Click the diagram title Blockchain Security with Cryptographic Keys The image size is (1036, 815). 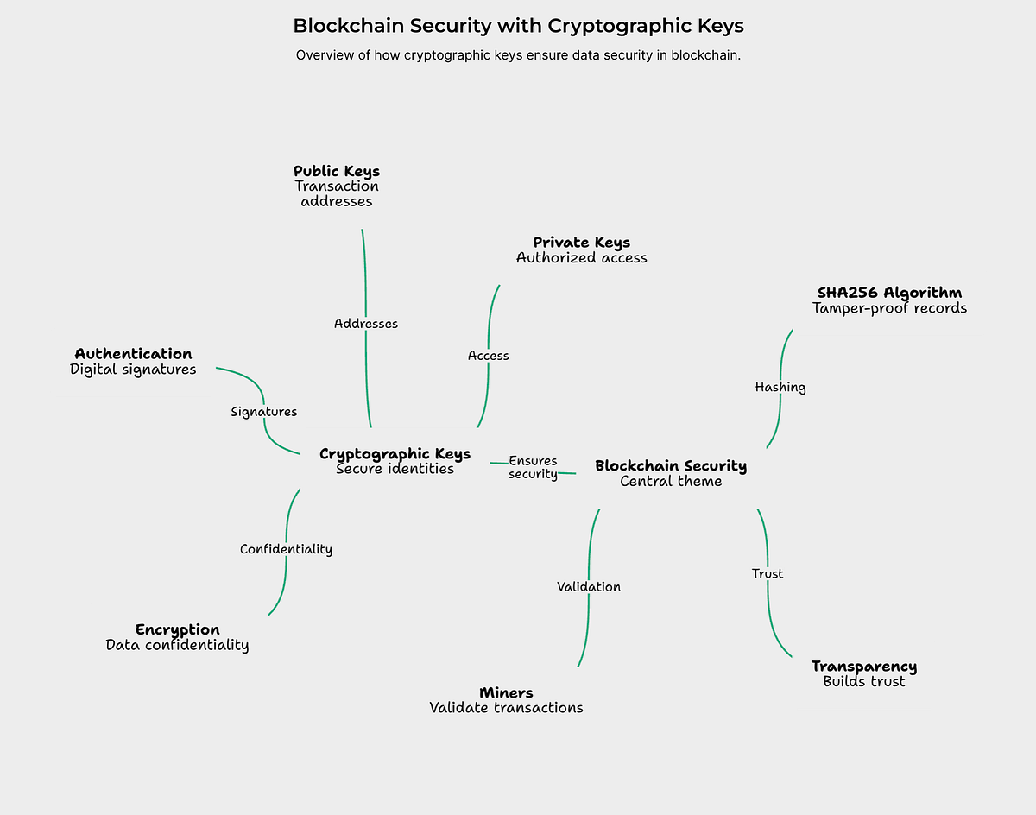[x=518, y=26]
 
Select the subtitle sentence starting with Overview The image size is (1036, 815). [x=518, y=55]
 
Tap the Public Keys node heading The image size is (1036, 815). [x=337, y=171]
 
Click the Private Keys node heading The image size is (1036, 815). [x=581, y=243]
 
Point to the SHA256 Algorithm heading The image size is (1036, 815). [x=889, y=293]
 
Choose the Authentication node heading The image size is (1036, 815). [x=133, y=354]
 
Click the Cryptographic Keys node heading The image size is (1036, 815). [x=395, y=454]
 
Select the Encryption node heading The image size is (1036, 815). [x=177, y=629]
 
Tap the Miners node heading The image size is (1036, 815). [x=506, y=692]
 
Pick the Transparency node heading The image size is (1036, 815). [x=863, y=667]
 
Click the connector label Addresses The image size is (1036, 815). [x=366, y=324]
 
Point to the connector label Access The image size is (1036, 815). [x=489, y=356]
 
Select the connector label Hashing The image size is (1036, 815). [x=780, y=388]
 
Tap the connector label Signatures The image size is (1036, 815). [x=264, y=412]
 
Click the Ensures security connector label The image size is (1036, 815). [x=533, y=467]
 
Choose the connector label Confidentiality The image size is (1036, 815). [x=286, y=549]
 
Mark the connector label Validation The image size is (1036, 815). [x=589, y=587]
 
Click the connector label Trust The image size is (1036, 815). [x=768, y=574]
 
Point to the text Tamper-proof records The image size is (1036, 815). [x=889, y=308]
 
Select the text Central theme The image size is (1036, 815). [x=671, y=482]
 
